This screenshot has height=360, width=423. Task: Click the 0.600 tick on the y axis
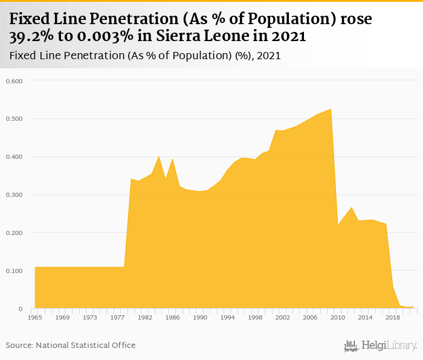click(14, 81)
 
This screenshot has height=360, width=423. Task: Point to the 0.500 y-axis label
click(14, 119)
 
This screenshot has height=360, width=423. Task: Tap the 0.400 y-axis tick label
click(14, 157)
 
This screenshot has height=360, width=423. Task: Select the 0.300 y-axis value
click(14, 195)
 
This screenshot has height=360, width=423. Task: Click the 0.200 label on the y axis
click(14, 233)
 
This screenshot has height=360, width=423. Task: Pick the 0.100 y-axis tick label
click(14, 271)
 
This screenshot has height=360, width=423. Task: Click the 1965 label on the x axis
click(34, 317)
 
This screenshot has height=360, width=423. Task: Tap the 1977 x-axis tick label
click(117, 317)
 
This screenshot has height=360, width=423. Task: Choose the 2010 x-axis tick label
click(338, 317)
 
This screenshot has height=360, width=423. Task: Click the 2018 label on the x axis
click(393, 317)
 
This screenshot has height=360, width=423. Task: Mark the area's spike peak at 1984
click(159, 156)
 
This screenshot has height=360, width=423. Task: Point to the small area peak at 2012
click(352, 207)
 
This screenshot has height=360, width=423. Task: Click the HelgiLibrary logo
click(380, 346)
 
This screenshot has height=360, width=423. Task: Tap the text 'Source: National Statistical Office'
click(71, 346)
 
